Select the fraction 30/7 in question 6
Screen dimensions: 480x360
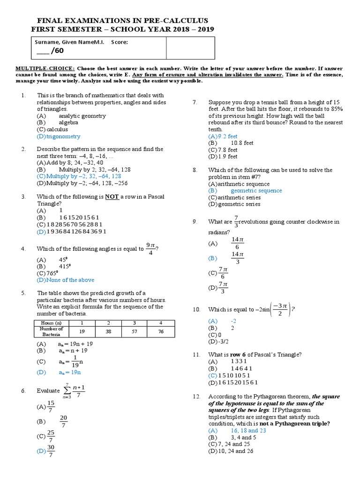click(x=51, y=451)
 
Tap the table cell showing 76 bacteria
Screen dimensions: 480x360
click(x=161, y=331)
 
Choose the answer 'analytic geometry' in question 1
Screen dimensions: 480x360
click(x=82, y=115)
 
